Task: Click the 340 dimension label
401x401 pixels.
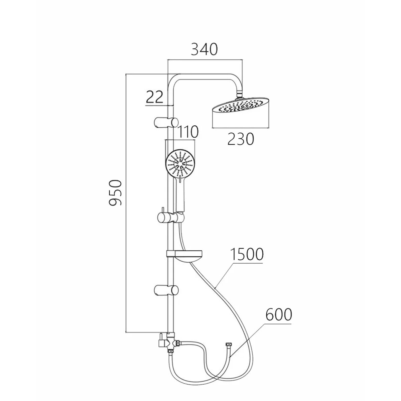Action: point(204,49)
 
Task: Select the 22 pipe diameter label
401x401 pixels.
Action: point(154,97)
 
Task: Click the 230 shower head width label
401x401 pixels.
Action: point(241,139)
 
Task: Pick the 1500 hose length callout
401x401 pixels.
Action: point(247,254)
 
